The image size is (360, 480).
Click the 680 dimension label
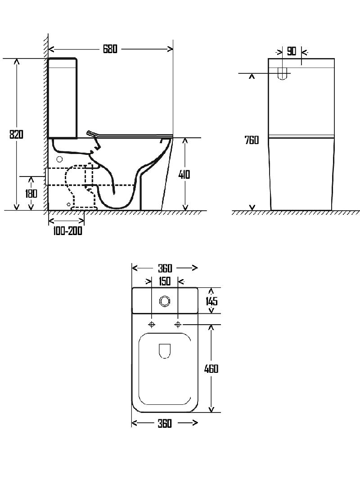pyautogui.click(x=110, y=49)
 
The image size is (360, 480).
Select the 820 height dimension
pyautogui.click(x=16, y=134)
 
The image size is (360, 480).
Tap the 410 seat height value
pyautogui.click(x=184, y=175)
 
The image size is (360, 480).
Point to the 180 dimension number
pyautogui.click(x=31, y=194)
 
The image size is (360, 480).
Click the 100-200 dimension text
pyautogui.click(x=67, y=231)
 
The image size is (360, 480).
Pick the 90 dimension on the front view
pyautogui.click(x=292, y=51)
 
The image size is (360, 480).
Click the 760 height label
pyautogui.click(x=252, y=140)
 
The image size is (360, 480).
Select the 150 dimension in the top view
pyautogui.click(x=165, y=281)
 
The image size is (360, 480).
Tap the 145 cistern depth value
pyautogui.click(x=211, y=301)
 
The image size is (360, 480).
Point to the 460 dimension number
pyautogui.click(x=211, y=369)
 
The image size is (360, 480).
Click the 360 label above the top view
pyautogui.click(x=165, y=268)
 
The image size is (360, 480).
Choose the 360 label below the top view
pyautogui.click(x=165, y=423)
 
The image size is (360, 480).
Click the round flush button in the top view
pyautogui.click(x=165, y=301)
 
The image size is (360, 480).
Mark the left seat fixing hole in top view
pyautogui.click(x=152, y=325)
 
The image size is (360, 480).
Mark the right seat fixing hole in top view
pyautogui.click(x=178, y=325)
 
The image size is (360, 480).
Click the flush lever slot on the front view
pyautogui.click(x=282, y=74)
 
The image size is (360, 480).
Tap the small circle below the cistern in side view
pyautogui.click(x=60, y=159)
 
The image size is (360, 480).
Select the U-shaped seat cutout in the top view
pyautogui.click(x=165, y=351)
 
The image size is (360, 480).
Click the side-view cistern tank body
pyautogui.click(x=63, y=98)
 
